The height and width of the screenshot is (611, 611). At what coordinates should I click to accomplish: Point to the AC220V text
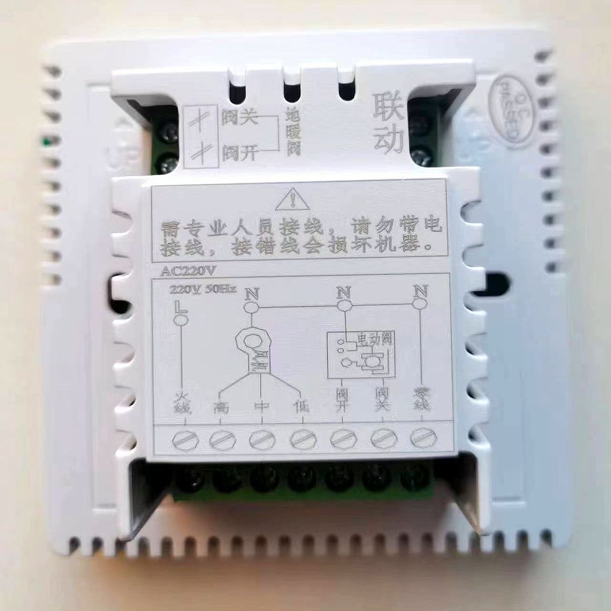(x=189, y=271)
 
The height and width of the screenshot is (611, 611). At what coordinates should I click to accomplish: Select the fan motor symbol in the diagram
(x=253, y=348)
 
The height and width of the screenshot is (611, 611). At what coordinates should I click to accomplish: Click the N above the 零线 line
(x=420, y=291)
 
